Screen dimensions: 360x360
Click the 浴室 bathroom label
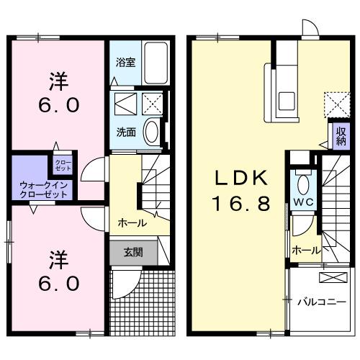[125, 63]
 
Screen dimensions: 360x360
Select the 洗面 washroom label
[125, 132]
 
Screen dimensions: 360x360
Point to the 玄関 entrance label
[132, 253]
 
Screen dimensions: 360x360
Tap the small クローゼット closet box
[63, 164]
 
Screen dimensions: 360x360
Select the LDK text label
[240, 178]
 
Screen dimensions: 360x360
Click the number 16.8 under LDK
[240, 204]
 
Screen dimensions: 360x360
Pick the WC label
[302, 202]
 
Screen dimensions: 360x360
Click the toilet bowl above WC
[302, 180]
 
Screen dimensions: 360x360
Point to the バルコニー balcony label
[321, 301]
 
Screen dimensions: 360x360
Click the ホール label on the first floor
[132, 222]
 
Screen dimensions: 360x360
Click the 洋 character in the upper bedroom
[58, 78]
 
